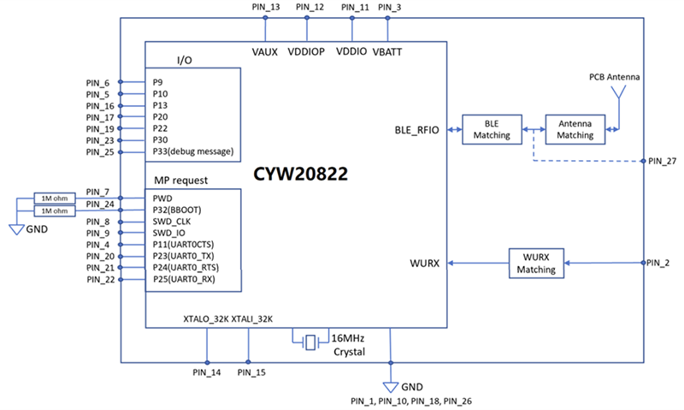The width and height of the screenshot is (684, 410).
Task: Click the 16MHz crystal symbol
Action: (310, 341)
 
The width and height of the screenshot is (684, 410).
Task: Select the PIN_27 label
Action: (662, 161)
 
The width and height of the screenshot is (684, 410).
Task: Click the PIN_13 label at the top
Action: (267, 8)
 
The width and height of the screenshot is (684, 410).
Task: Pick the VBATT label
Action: (388, 52)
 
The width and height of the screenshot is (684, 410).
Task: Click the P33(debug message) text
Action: (192, 152)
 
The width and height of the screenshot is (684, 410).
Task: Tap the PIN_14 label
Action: (207, 372)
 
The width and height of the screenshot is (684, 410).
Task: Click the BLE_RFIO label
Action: (416, 130)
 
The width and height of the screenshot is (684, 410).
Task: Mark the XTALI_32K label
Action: (251, 319)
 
